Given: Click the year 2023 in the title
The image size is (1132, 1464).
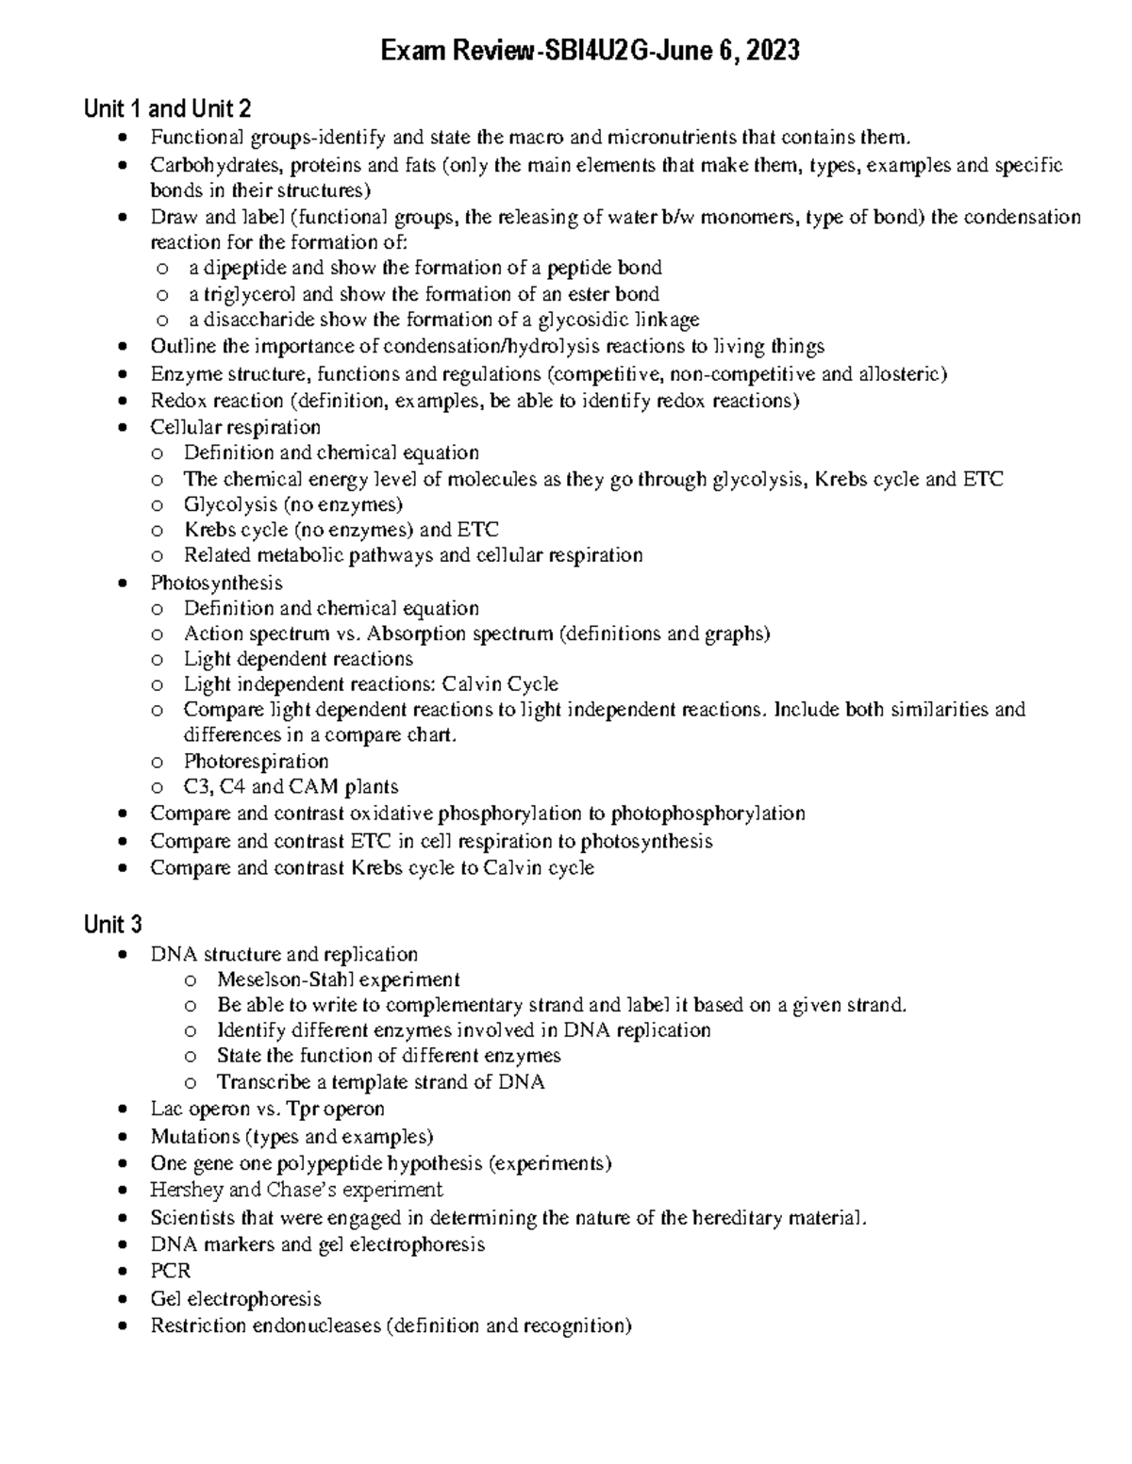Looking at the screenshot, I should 771,51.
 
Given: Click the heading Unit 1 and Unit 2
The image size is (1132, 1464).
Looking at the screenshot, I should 167,108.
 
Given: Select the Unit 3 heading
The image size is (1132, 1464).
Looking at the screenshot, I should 112,924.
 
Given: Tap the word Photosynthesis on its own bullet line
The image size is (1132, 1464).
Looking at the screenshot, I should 216,583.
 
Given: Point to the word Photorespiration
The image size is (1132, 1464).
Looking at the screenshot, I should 256,761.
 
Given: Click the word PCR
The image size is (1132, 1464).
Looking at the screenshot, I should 170,1271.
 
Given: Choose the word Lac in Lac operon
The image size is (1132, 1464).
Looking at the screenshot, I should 166,1109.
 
